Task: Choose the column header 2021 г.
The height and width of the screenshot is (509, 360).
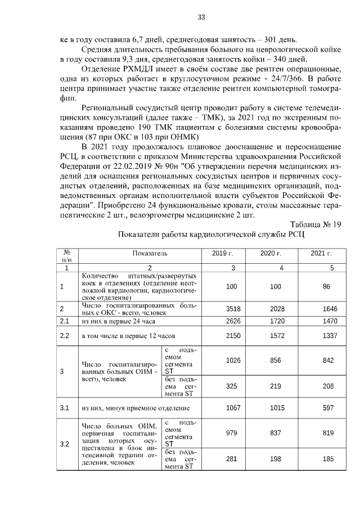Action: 321,254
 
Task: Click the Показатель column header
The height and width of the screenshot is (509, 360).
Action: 150,254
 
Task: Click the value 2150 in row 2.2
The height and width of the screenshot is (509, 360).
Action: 231,336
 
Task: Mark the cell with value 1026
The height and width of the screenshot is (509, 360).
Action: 231,361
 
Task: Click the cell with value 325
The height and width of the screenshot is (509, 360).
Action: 231,387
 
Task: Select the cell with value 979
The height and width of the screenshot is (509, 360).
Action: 231,433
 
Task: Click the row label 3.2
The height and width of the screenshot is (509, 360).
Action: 65,444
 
